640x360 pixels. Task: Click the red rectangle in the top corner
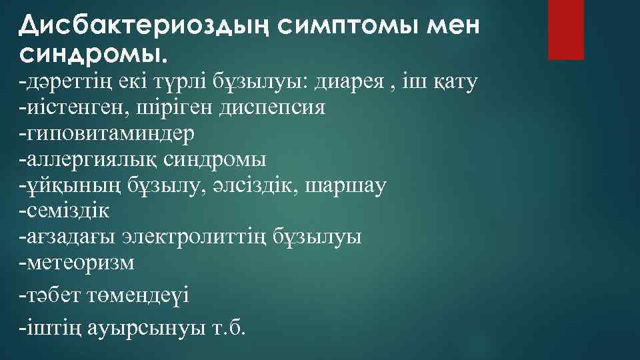click(565, 29)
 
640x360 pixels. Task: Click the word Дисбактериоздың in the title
click(143, 25)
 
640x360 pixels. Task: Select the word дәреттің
click(64, 83)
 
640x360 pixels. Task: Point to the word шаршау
click(345, 185)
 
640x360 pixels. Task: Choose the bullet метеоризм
click(78, 263)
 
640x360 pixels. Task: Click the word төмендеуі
click(140, 295)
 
